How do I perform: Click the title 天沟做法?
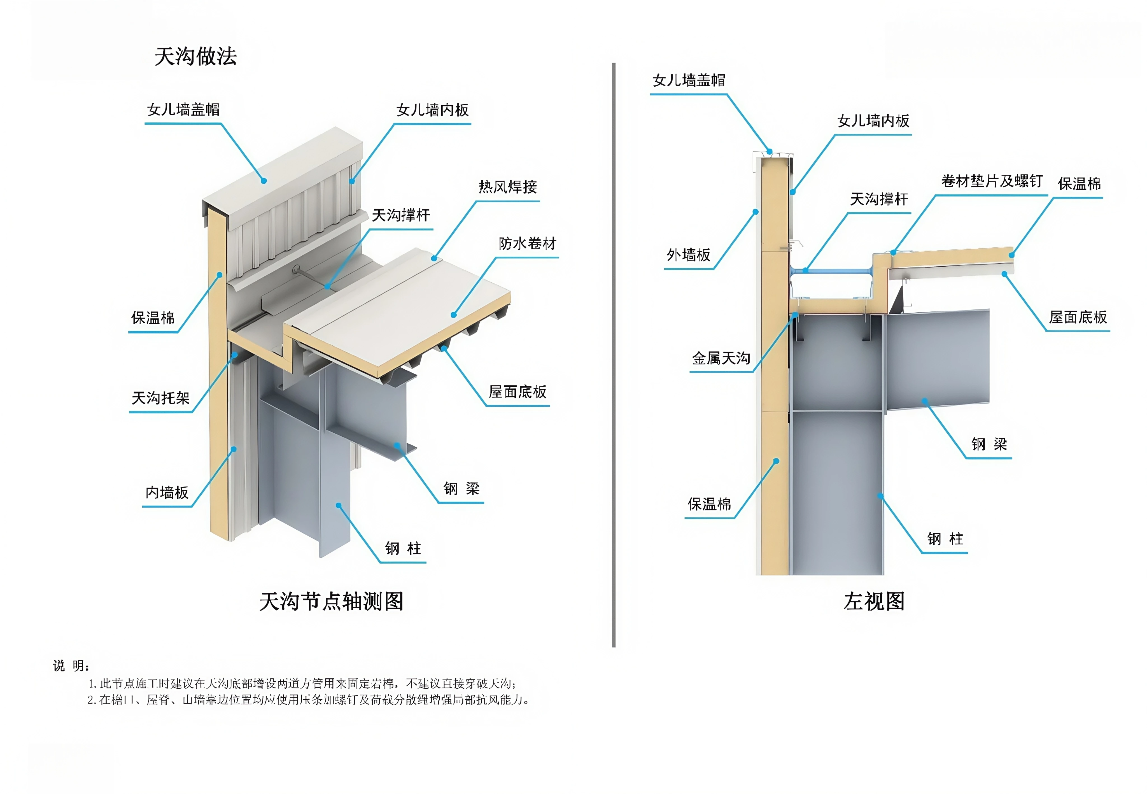[x=195, y=57]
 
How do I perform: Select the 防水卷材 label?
[x=527, y=244]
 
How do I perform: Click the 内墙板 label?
[x=167, y=493]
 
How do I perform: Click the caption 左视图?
[x=874, y=601]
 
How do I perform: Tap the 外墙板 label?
[x=688, y=255]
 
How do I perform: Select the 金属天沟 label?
[x=721, y=358]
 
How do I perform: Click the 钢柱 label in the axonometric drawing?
[x=403, y=549]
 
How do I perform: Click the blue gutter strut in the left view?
[x=836, y=271]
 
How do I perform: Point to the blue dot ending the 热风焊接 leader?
[x=434, y=258]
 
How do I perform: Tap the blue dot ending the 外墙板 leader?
[x=756, y=212]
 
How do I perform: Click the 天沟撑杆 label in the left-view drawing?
[x=879, y=199]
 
